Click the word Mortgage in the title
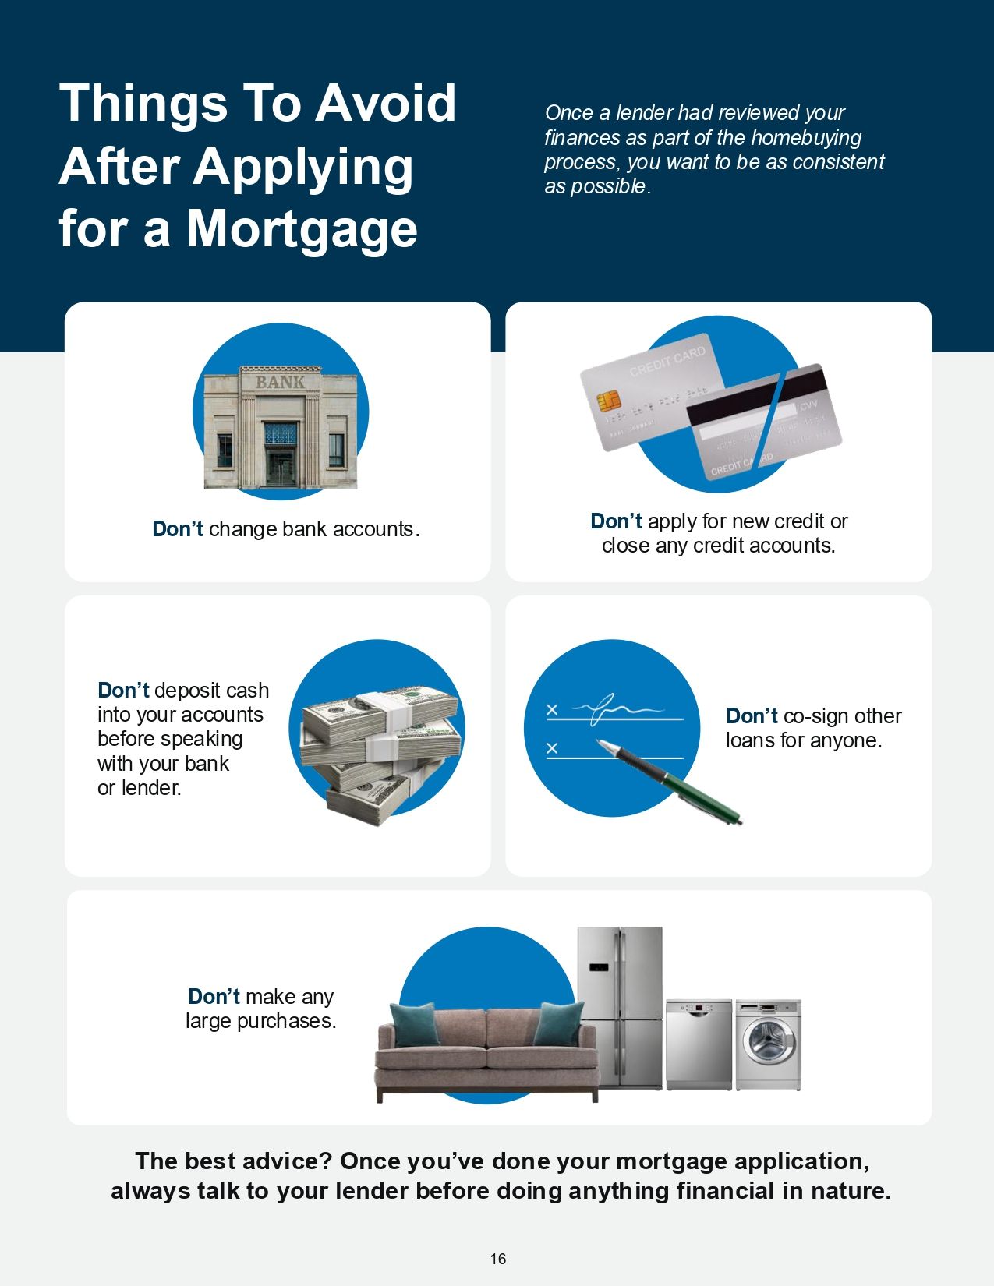(x=302, y=231)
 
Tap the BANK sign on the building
(x=280, y=383)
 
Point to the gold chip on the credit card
(x=609, y=401)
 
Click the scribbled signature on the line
(x=617, y=708)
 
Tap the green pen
(x=669, y=781)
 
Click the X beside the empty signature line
(x=552, y=748)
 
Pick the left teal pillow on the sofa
(x=415, y=1024)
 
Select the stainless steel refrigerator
(x=620, y=1007)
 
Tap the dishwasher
(x=699, y=1044)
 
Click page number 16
(x=498, y=1258)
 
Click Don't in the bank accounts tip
(x=178, y=528)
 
